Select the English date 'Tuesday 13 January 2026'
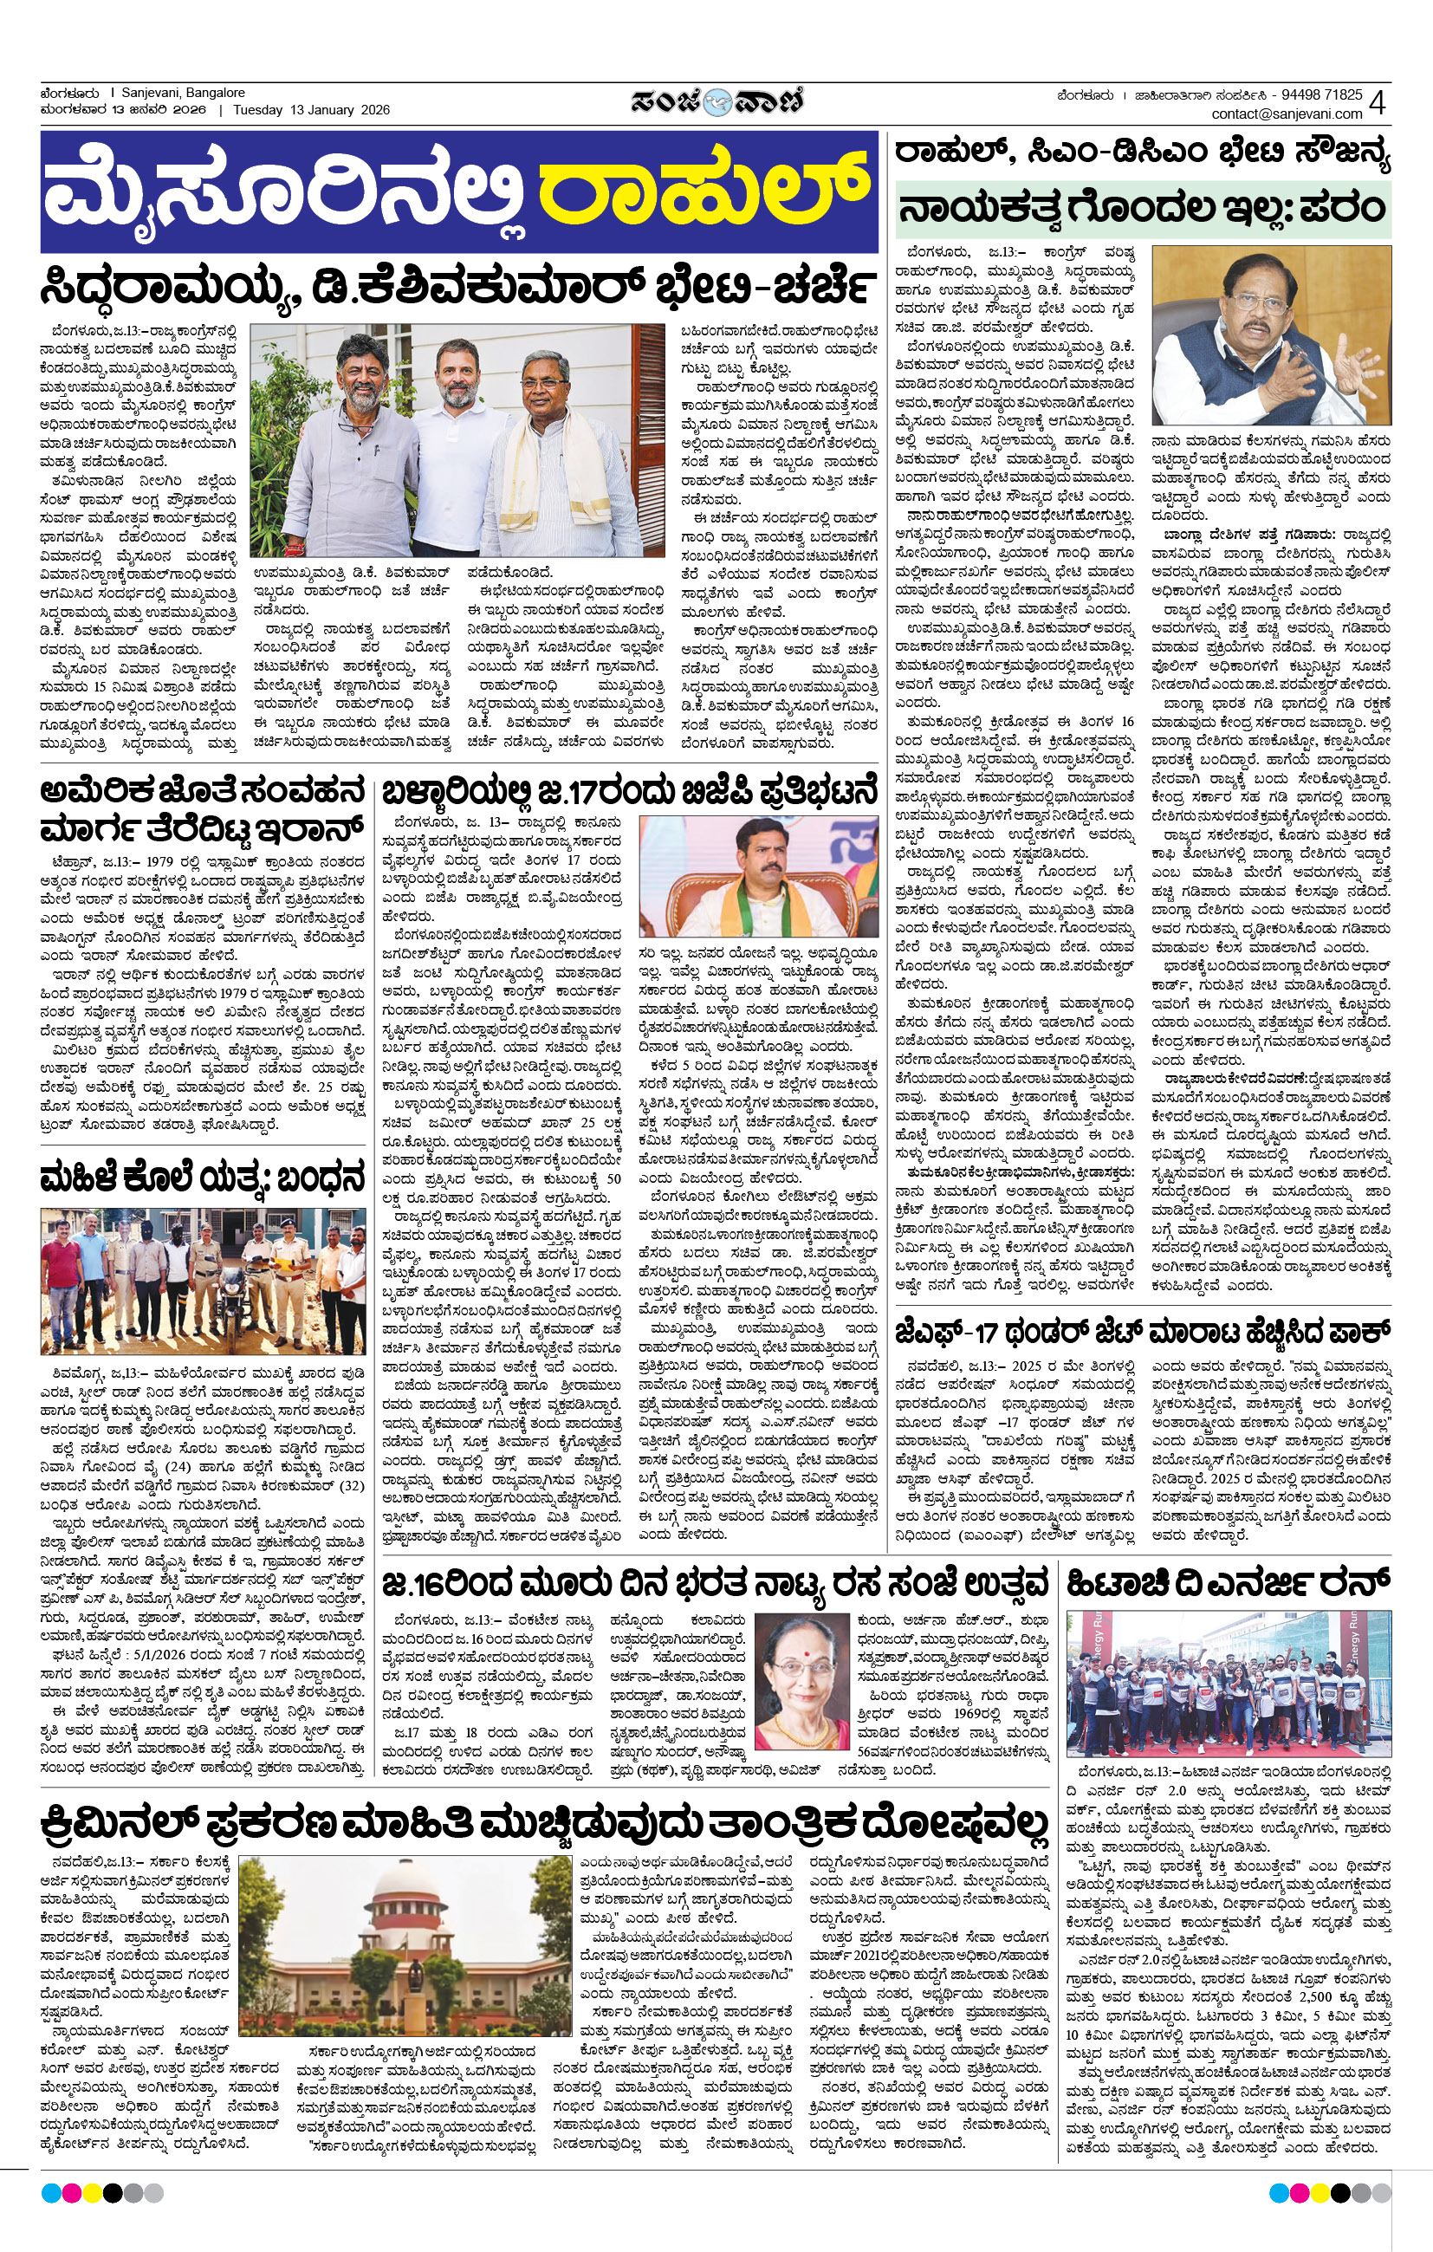click(x=312, y=109)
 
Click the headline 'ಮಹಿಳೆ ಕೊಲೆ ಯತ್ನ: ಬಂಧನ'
click(x=202, y=1178)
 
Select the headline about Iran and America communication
click(x=202, y=810)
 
